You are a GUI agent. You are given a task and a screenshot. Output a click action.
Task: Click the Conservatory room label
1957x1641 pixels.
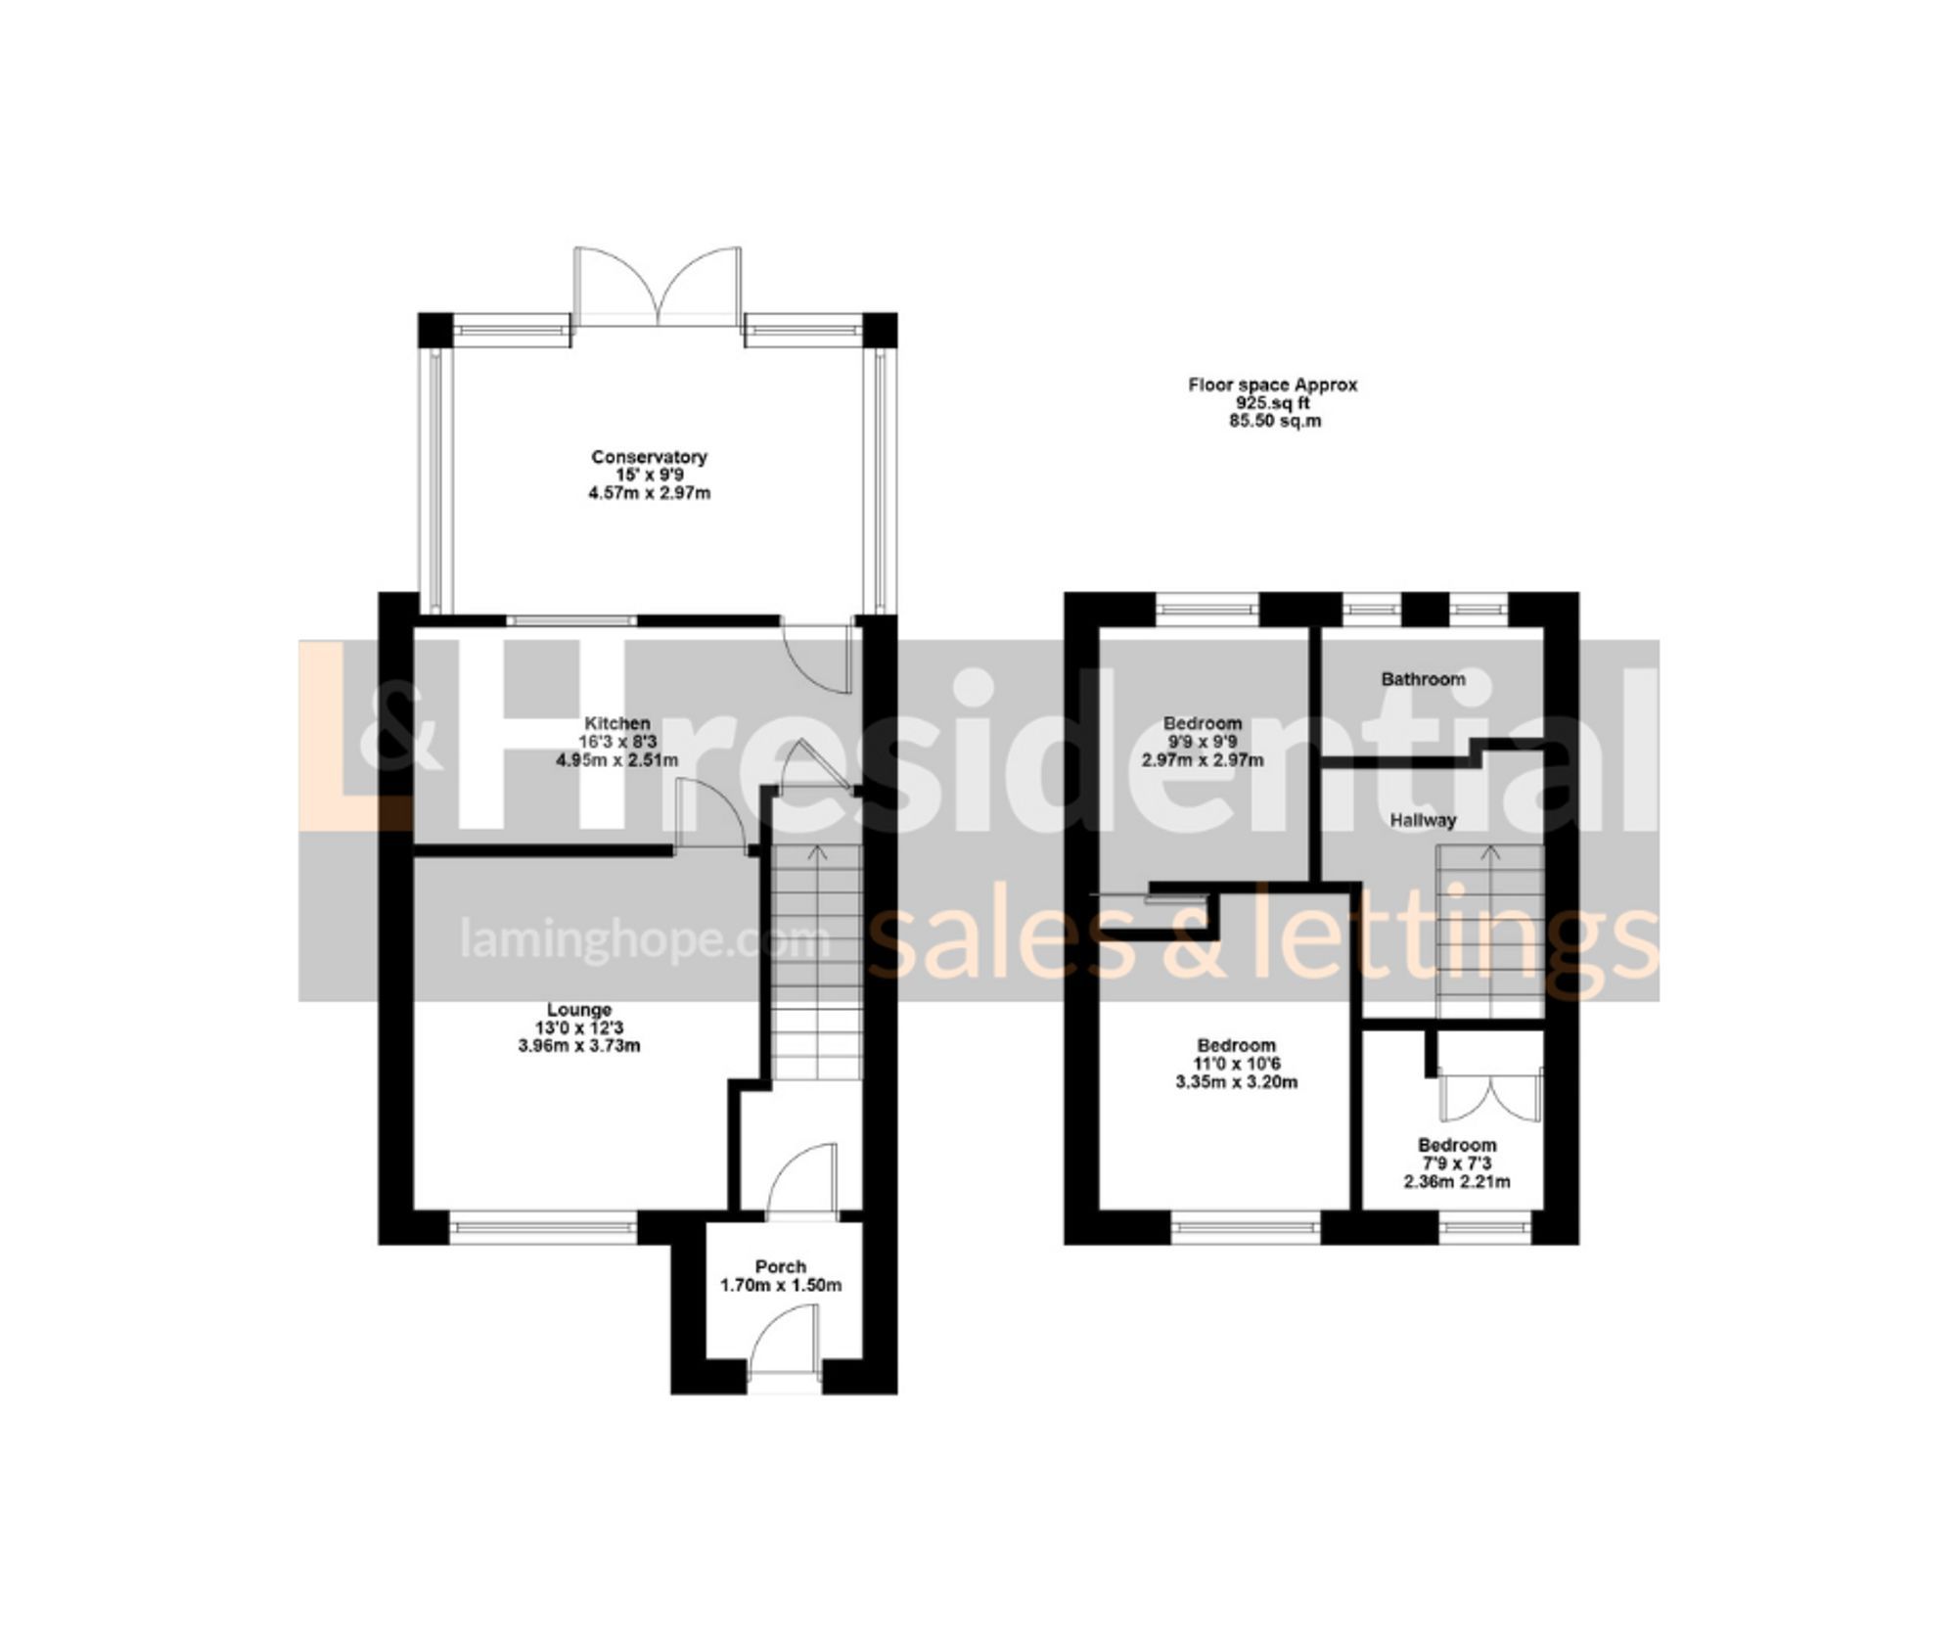649,457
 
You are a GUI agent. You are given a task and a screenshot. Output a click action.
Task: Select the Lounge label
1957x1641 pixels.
579,1010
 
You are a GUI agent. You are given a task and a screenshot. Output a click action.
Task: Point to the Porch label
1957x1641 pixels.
781,1266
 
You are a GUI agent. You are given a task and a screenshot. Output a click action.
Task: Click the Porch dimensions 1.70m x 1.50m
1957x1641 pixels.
781,1286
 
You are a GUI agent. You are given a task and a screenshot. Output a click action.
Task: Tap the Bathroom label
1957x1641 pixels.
1423,679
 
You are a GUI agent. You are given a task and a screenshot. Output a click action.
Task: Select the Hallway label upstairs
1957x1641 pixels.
1424,820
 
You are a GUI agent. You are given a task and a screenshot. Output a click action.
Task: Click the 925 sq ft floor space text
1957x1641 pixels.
1272,403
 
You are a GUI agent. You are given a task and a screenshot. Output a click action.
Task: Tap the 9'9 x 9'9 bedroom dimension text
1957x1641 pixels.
1203,742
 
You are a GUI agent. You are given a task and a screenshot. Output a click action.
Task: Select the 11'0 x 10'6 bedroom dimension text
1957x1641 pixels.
1237,1064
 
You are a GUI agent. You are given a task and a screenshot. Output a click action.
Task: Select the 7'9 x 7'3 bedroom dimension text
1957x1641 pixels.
1456,1163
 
